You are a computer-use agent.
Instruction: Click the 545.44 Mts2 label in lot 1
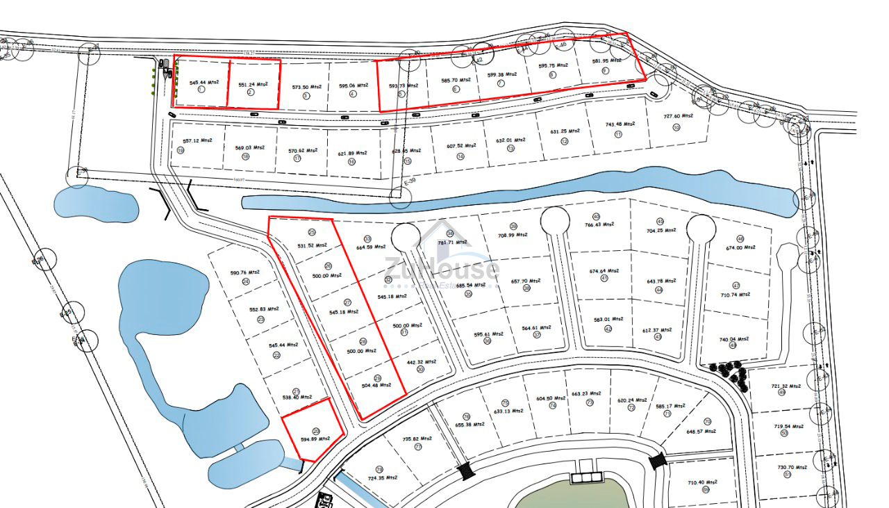tap(204, 82)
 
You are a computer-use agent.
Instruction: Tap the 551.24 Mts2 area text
tap(253, 85)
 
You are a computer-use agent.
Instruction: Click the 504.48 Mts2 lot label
tap(376, 385)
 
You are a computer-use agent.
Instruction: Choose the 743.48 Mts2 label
tap(620, 124)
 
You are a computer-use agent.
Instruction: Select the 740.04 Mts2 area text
tap(732, 339)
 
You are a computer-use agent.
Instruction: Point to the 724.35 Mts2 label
tap(383, 477)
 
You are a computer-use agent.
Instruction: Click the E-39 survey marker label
tap(413, 181)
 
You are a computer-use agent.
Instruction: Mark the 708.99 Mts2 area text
tap(513, 235)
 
